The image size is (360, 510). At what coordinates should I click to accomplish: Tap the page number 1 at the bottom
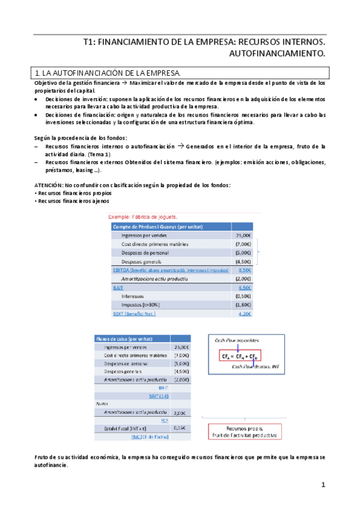pyautogui.click(x=323, y=485)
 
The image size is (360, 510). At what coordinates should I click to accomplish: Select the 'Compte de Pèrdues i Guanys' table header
pyautogui.click(x=157, y=227)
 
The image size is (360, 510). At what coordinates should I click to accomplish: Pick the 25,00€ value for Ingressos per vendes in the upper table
pyautogui.click(x=243, y=236)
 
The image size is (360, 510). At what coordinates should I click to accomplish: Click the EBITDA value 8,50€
pyautogui.click(x=244, y=271)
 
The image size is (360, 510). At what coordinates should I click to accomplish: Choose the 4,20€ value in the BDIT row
pyautogui.click(x=244, y=314)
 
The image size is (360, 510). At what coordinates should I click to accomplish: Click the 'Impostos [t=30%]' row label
pyautogui.click(x=144, y=305)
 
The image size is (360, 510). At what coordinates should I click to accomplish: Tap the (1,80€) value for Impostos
pyautogui.click(x=243, y=305)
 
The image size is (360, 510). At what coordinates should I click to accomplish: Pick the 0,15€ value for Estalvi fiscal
pyautogui.click(x=179, y=428)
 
